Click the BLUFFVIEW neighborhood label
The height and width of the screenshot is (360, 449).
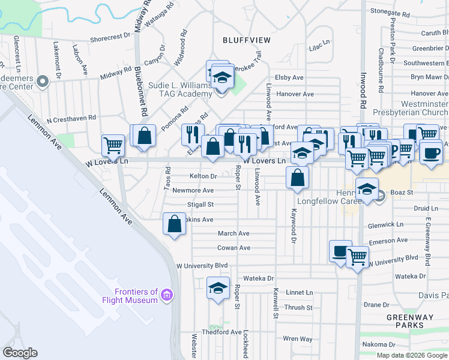(x=246, y=40)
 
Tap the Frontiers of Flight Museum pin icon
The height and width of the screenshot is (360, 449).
(x=167, y=296)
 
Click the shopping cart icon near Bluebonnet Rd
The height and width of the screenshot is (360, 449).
(x=113, y=145)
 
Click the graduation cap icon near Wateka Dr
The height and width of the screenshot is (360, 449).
(x=218, y=288)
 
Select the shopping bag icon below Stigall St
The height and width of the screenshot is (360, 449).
(x=174, y=224)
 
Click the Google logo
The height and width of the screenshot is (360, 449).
(x=20, y=353)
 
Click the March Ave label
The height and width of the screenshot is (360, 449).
(x=234, y=233)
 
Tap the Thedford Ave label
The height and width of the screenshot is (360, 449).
(x=221, y=332)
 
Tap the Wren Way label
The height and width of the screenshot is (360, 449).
(x=297, y=339)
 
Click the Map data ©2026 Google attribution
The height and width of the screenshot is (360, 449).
(x=412, y=355)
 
